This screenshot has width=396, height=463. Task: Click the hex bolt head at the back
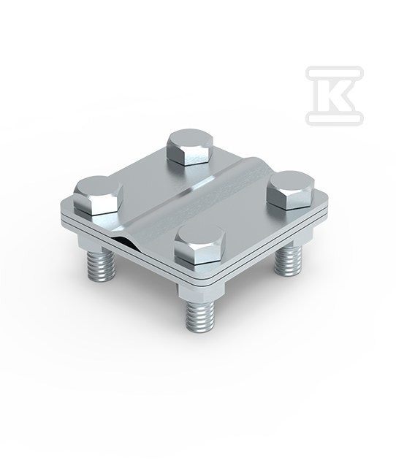tap(190, 147)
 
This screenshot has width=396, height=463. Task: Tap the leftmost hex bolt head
tap(98, 195)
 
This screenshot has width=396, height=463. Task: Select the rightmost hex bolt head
tap(290, 190)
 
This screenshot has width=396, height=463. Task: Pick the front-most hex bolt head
tap(199, 245)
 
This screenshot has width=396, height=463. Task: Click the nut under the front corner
tap(201, 290)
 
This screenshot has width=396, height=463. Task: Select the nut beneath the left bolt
tap(90, 241)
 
